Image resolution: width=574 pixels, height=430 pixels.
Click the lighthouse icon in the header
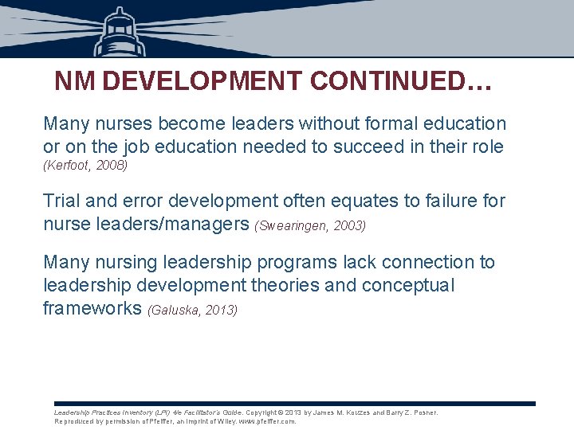(120, 32)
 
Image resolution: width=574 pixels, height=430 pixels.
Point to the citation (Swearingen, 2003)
(310, 226)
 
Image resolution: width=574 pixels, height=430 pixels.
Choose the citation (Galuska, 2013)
(192, 311)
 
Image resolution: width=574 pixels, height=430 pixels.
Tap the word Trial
(63, 201)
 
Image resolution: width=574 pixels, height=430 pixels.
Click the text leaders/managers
(170, 225)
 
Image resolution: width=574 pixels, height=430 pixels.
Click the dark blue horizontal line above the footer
(295, 404)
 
